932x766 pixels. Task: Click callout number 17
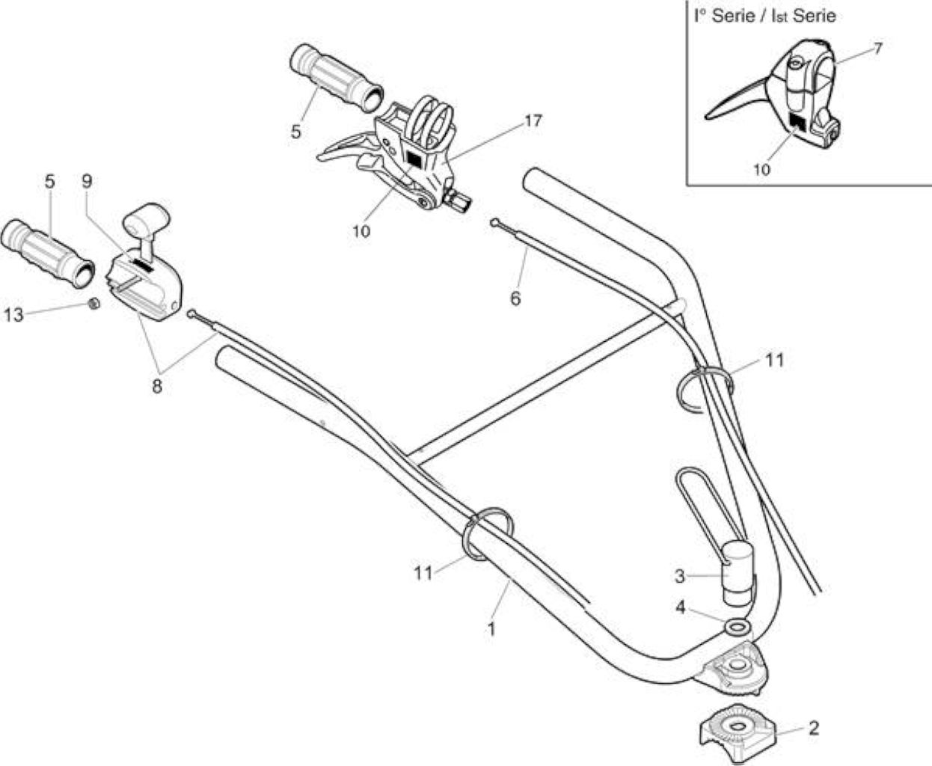533,120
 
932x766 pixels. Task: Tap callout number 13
13,315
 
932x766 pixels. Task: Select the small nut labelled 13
93,304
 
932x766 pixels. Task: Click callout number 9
87,181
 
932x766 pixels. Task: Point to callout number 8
157,386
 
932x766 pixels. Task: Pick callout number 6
515,298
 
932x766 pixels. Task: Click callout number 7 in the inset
877,48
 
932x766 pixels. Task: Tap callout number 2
814,728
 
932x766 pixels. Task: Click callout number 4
680,607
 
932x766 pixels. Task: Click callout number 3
680,575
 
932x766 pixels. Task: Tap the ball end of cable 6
494,222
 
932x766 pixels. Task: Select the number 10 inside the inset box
761,169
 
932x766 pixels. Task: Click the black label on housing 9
142,265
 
